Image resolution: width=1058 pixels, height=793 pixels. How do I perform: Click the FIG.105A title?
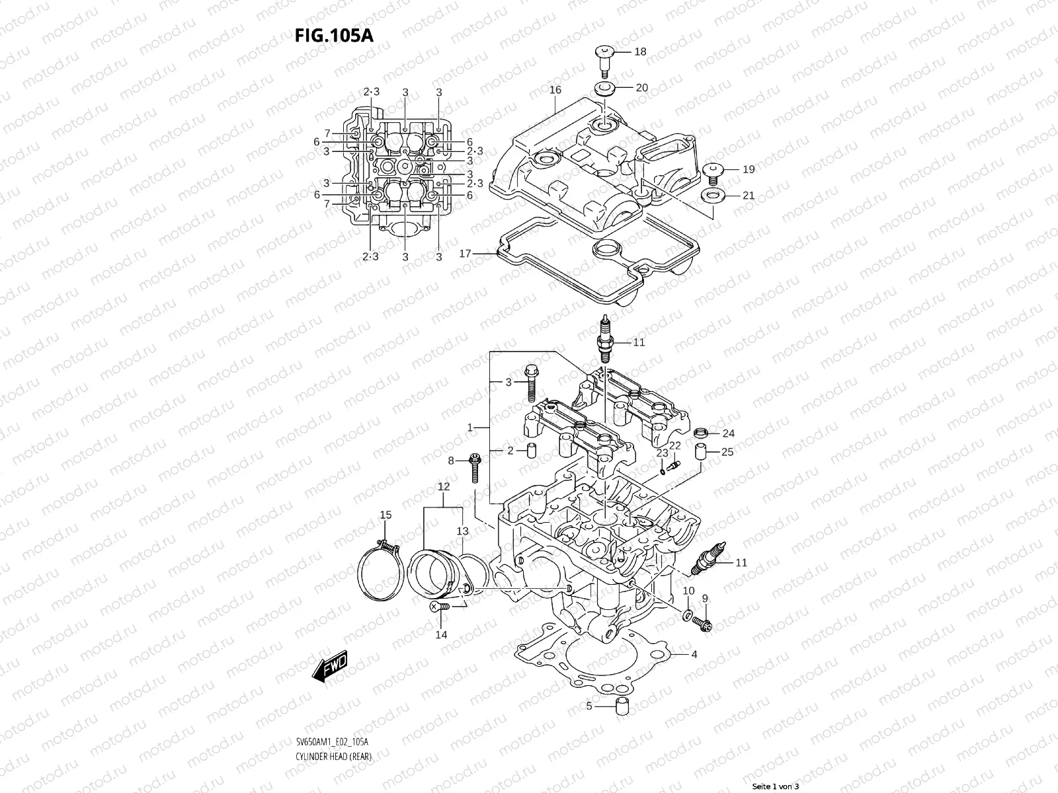(334, 35)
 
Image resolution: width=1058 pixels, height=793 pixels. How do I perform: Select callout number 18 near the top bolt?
(640, 52)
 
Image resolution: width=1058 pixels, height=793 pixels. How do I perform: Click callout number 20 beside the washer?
(641, 87)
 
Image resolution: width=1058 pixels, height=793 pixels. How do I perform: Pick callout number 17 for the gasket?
(465, 253)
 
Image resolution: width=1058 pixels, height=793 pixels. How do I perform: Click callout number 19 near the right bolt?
(748, 169)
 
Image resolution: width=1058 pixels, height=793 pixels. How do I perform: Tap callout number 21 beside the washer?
(748, 195)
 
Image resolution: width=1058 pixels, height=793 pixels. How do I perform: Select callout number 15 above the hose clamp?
(385, 515)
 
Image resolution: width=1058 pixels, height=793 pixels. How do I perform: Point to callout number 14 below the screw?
(441, 634)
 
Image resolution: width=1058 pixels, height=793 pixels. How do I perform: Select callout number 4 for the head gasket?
(694, 655)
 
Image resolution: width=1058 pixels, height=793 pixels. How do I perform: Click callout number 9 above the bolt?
(705, 598)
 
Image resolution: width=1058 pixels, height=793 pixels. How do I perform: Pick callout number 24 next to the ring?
(728, 434)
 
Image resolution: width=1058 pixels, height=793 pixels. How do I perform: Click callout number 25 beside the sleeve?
(727, 452)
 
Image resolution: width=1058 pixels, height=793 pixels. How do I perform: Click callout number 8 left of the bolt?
(451, 461)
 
